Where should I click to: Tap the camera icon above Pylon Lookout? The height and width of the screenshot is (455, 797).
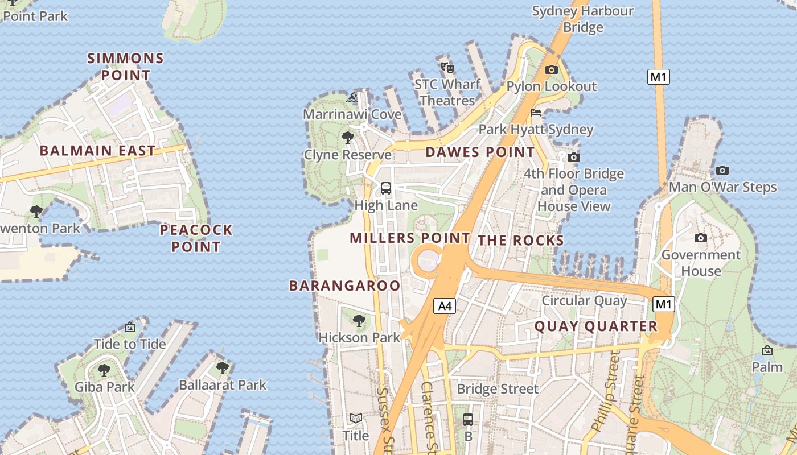tap(551, 70)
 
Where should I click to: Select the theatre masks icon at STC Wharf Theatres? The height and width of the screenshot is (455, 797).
tap(447, 68)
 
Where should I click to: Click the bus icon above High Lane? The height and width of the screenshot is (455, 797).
tap(385, 188)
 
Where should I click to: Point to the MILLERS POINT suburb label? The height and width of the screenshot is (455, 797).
tap(410, 238)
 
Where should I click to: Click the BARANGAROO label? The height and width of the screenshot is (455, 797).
tap(345, 286)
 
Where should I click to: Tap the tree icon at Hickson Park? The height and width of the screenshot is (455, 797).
tap(359, 321)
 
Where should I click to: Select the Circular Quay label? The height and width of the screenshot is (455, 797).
tap(584, 300)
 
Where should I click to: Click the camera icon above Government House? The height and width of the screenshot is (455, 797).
tap(701, 238)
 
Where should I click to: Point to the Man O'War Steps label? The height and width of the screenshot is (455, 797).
tap(722, 187)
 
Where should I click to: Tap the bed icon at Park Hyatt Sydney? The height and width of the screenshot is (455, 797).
tap(536, 113)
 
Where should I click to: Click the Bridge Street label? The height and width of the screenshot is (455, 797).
tap(498, 389)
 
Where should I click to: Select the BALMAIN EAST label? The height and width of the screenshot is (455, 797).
tap(97, 151)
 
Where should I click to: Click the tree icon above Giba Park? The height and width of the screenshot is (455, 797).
tap(104, 370)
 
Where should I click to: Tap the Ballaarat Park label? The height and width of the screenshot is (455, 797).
tap(223, 385)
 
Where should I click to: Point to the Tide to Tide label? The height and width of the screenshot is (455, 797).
tap(130, 344)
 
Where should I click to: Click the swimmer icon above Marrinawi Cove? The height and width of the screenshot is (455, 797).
tap(353, 98)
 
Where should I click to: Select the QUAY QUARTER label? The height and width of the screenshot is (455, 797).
tap(596, 326)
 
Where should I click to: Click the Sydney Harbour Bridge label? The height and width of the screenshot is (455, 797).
tap(583, 19)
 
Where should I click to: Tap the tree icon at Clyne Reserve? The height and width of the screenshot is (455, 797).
tap(347, 138)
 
